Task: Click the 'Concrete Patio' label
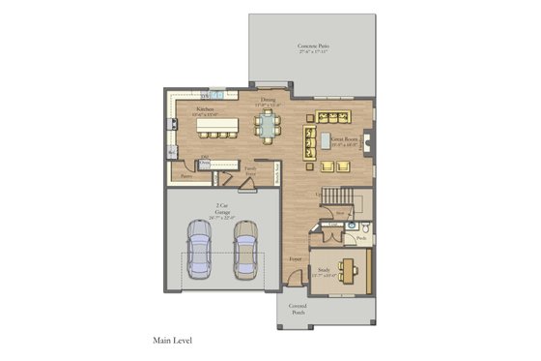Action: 310,48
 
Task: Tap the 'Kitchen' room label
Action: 205,110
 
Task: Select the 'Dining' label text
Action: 269,99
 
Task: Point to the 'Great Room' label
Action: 346,140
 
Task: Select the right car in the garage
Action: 246,248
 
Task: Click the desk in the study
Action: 353,267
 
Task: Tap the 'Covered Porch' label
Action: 297,311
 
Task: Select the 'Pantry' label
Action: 185,176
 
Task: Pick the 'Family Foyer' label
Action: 250,171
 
